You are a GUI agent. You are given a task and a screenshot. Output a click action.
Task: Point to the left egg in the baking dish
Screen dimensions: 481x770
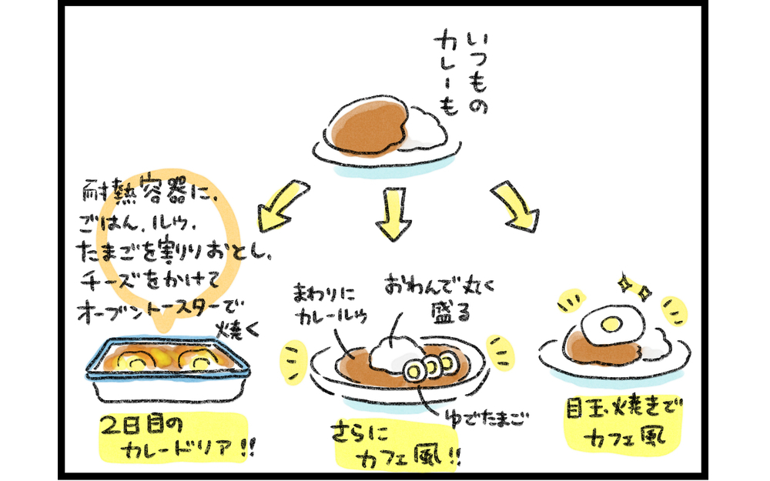click(x=139, y=360)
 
